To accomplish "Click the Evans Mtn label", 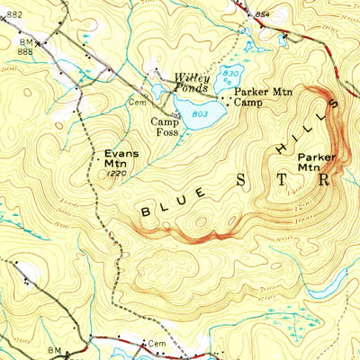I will [x=121, y=158].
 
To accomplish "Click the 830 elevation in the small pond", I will [x=230, y=73].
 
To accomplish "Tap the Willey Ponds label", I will [x=193, y=83].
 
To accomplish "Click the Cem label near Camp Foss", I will [x=139, y=103].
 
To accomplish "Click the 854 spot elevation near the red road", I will [x=262, y=17].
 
